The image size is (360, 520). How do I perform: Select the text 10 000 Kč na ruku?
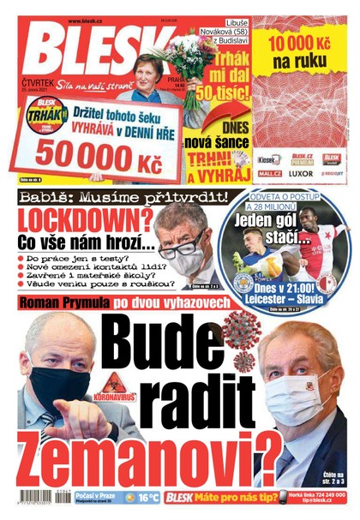[303, 51]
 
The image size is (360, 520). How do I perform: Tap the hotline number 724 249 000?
[326, 493]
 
